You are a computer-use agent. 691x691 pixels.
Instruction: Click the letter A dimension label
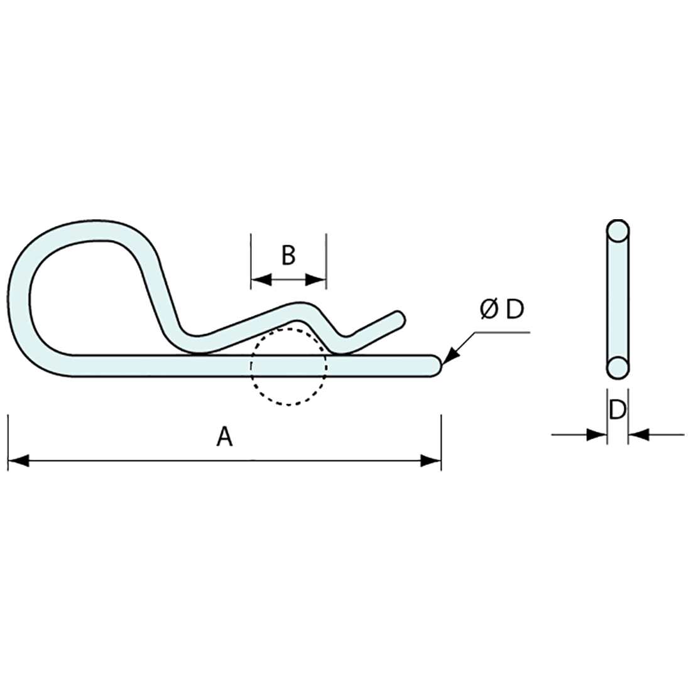(224, 437)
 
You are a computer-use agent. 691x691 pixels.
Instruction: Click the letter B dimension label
(288, 256)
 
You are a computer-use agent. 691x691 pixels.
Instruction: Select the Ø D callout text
(501, 310)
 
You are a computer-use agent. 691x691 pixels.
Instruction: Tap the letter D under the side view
(618, 410)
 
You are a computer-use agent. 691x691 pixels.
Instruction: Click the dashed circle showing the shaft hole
(288, 403)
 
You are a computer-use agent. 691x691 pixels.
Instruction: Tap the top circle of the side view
(618, 231)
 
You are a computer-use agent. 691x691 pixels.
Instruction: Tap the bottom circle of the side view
(618, 367)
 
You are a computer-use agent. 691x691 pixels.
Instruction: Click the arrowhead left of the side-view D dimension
(597, 434)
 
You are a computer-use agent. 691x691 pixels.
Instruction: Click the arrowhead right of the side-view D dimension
(638, 434)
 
